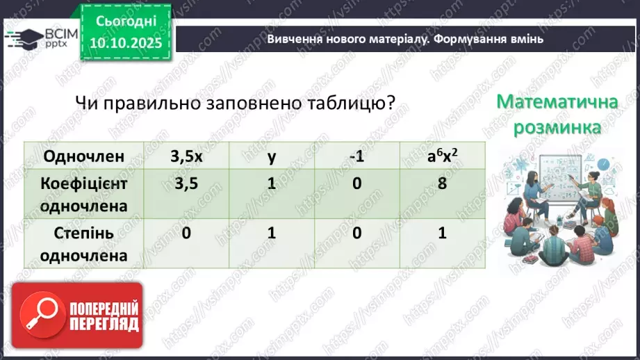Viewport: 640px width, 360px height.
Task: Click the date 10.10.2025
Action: click(x=125, y=43)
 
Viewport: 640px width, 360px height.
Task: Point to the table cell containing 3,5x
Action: click(x=186, y=156)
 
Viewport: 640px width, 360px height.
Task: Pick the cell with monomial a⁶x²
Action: click(x=442, y=156)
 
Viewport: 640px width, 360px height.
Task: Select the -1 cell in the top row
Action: click(x=357, y=156)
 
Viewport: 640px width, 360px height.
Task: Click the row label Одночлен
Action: click(x=83, y=156)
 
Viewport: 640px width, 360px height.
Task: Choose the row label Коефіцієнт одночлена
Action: click(x=83, y=195)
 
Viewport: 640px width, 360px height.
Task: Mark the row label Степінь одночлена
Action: click(x=83, y=244)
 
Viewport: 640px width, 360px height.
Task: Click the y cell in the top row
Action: click(x=272, y=156)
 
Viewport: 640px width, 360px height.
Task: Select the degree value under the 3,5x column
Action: click(x=186, y=234)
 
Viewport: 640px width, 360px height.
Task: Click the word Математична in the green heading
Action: click(x=557, y=103)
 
